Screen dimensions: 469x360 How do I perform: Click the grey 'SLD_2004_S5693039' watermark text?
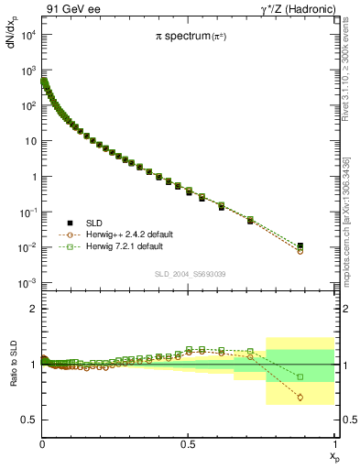[188, 273]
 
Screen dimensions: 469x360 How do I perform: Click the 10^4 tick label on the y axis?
[27, 35]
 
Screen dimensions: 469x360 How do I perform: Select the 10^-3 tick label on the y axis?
[27, 283]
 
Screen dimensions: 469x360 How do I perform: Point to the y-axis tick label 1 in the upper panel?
[32, 177]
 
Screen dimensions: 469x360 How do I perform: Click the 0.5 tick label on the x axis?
[188, 443]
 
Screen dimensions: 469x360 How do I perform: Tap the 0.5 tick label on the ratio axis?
[29, 420]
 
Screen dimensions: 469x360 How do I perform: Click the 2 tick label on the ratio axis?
[33, 309]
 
